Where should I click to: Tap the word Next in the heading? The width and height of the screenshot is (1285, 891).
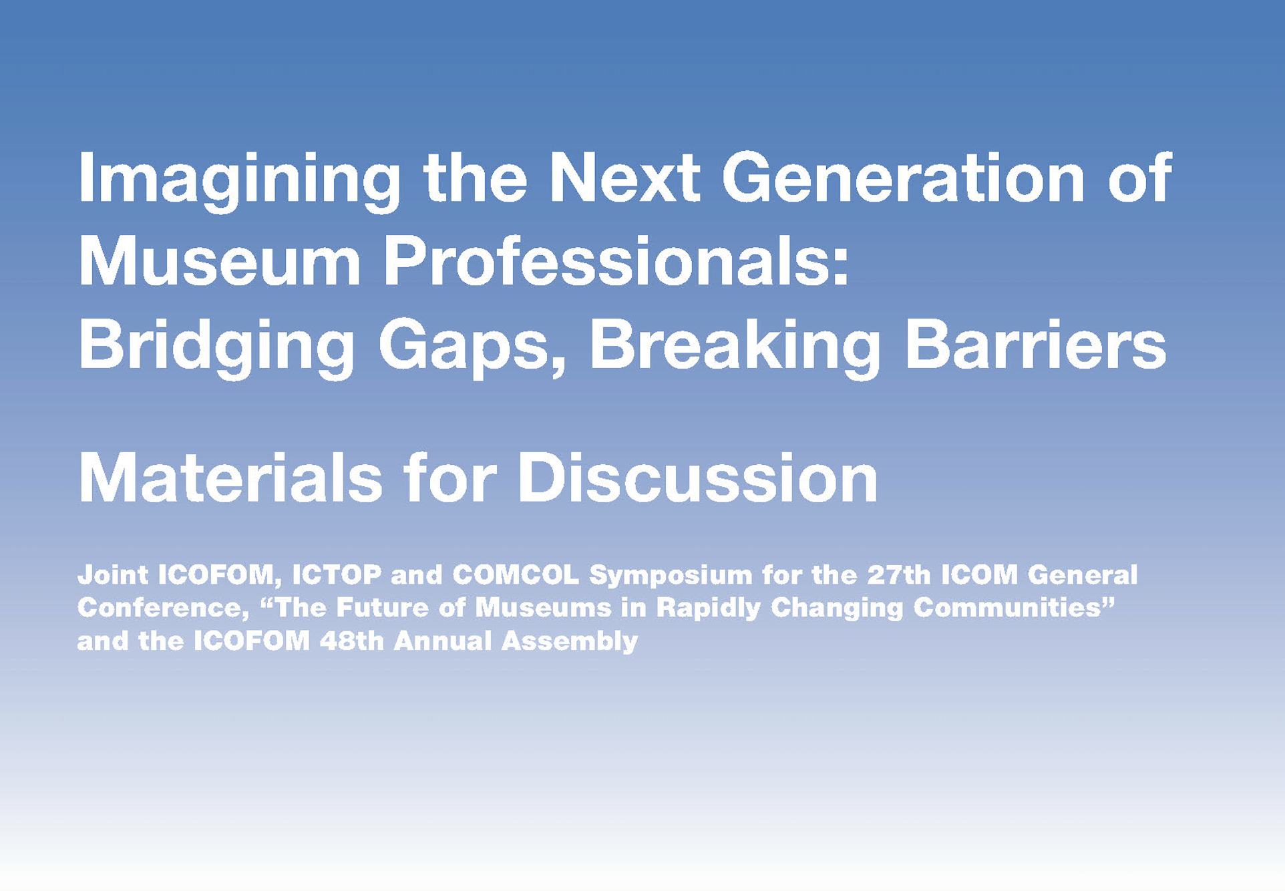(625, 177)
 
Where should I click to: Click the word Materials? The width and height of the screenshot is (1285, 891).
(230, 478)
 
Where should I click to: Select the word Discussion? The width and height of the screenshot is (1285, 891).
(698, 478)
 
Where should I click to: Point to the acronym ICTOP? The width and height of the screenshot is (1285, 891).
(337, 574)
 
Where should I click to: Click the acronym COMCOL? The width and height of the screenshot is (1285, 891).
(516, 574)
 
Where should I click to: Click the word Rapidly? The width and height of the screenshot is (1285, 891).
(708, 609)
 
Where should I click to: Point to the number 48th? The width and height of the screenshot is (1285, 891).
(351, 641)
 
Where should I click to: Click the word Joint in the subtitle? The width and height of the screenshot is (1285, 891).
(112, 574)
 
